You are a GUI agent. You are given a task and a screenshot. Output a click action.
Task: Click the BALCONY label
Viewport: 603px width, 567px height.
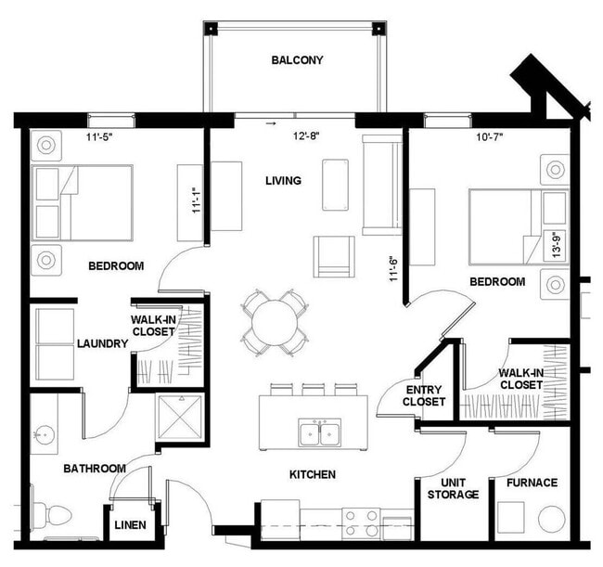pyautogui.click(x=297, y=61)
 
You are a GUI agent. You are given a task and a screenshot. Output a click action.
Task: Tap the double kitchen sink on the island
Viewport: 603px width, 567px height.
pyautogui.click(x=318, y=432)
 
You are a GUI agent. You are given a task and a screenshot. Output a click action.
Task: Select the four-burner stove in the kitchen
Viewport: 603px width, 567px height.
pyautogui.click(x=361, y=523)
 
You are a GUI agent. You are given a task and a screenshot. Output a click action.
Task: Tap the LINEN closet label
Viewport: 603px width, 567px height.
pyautogui.click(x=130, y=526)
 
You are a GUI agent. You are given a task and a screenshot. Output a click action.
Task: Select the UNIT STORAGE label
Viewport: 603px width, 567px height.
pyautogui.click(x=453, y=488)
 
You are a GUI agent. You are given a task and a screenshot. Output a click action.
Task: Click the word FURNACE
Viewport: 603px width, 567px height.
pyautogui.click(x=532, y=483)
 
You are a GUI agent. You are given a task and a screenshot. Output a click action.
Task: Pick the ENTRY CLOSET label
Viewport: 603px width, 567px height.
pyautogui.click(x=424, y=396)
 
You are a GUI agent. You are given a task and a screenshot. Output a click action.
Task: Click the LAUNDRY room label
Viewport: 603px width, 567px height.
pyautogui.click(x=102, y=343)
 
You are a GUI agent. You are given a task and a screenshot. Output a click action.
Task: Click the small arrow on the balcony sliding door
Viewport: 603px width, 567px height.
pyautogui.click(x=272, y=122)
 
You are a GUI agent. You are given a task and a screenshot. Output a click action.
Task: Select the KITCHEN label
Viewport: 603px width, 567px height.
pyautogui.click(x=312, y=474)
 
